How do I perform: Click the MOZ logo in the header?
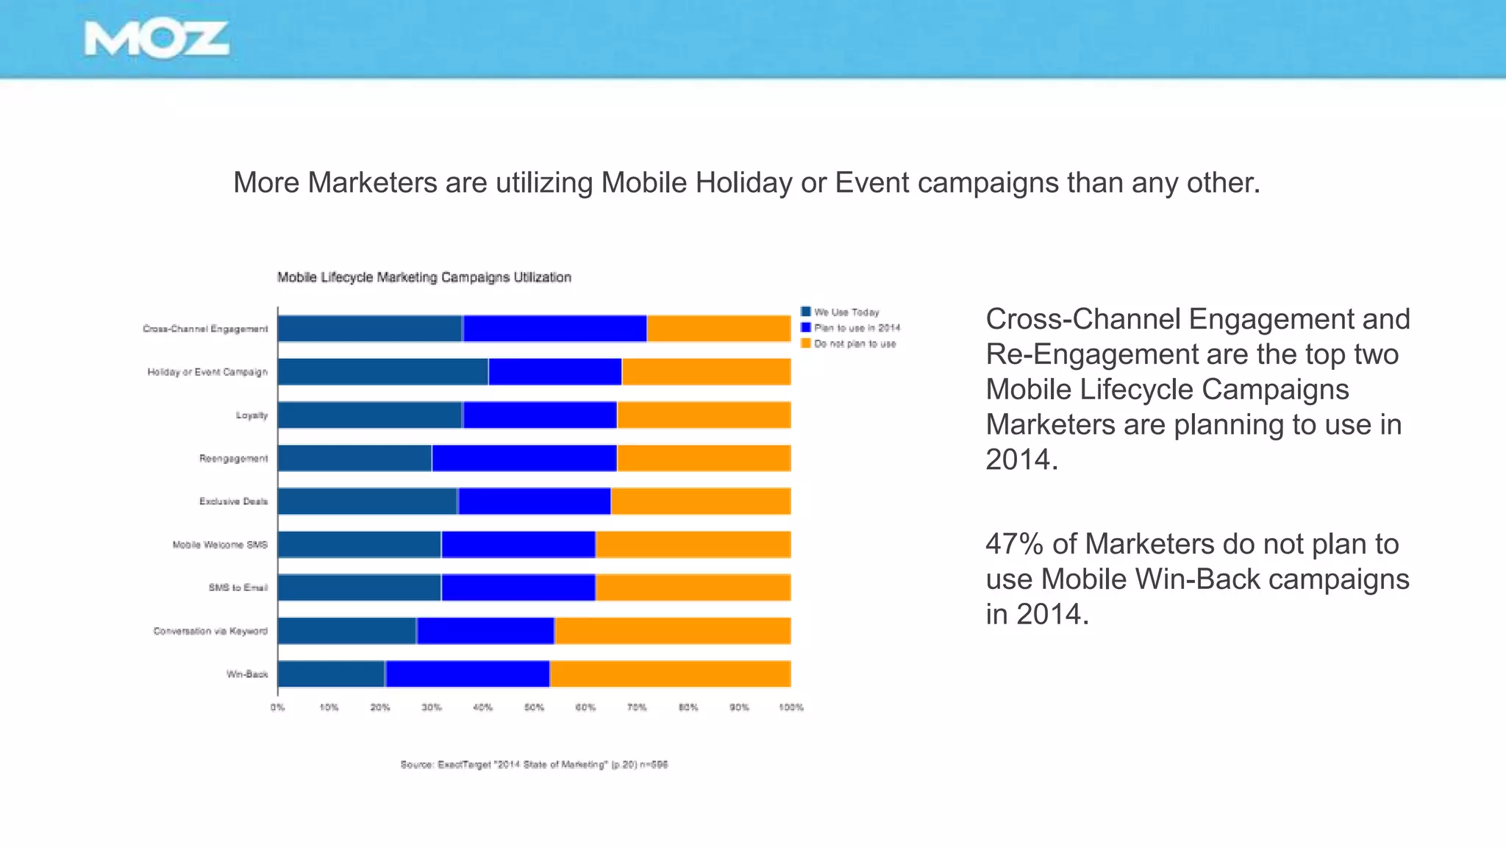coord(156,40)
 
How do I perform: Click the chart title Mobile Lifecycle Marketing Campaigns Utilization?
coord(424,277)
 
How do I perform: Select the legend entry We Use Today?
coord(846,312)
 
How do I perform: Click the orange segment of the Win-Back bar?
coord(670,674)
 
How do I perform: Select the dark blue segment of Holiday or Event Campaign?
coord(382,372)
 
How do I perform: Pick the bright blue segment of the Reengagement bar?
coord(524,458)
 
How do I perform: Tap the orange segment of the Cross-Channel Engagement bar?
coord(718,329)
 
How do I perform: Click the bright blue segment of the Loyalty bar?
coord(540,415)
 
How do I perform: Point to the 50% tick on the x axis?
coord(534,707)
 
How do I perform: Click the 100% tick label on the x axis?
coord(791,707)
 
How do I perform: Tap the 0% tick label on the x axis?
coord(277,707)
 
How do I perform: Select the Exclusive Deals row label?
coord(233,501)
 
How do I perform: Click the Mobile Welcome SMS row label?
coord(220,545)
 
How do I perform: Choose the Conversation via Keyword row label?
coord(210,631)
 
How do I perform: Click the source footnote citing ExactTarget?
coord(534,765)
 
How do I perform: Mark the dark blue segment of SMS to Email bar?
coord(359,588)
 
